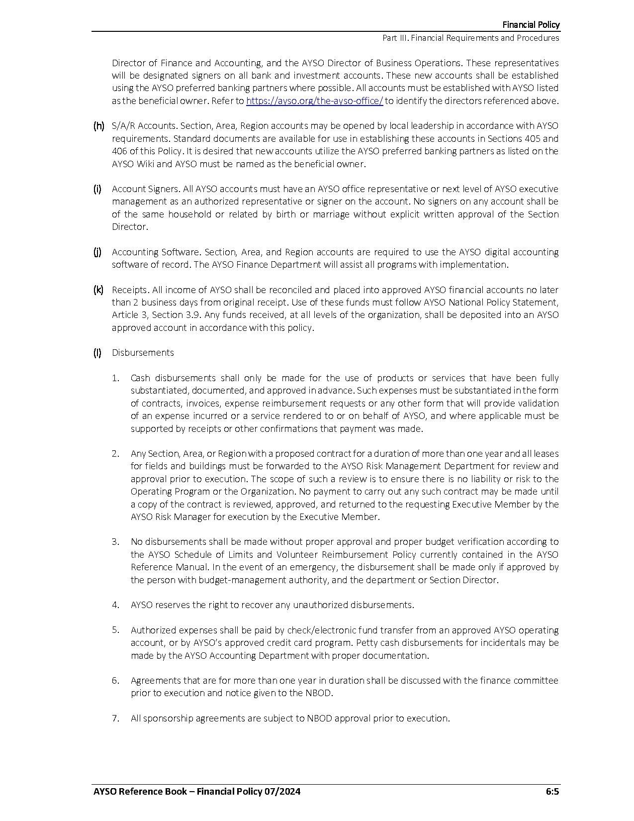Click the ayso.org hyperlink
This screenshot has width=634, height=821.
[314, 101]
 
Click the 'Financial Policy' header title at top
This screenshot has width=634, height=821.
[531, 24]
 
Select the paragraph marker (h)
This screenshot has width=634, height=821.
[98, 126]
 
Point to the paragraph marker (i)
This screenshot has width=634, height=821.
[97, 189]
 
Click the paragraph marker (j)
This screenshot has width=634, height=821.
[97, 252]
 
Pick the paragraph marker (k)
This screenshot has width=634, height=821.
[98, 290]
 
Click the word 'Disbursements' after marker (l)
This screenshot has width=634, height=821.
[143, 352]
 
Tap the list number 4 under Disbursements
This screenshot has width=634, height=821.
[115, 605]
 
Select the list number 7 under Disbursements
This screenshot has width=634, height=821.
[115, 718]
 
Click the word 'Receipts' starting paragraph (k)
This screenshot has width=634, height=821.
[129, 290]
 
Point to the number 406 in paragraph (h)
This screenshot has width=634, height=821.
[119, 151]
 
